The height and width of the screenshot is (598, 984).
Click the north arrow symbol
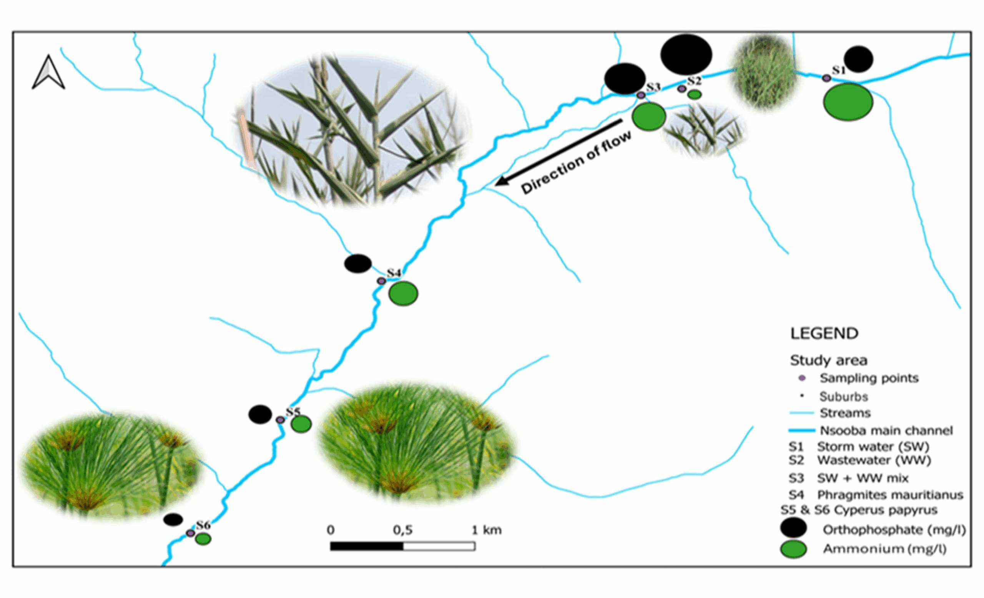48,73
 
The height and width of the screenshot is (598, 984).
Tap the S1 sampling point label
839,70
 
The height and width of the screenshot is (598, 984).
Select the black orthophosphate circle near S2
686,54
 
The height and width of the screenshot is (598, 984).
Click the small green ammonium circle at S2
695,95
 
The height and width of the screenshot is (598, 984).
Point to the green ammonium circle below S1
848,102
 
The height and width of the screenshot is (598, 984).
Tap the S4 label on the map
394,272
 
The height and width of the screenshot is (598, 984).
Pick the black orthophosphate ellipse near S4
358,264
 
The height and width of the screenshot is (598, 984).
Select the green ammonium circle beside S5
301,424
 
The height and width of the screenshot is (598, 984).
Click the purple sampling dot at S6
191,533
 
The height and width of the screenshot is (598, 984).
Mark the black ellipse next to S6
173,520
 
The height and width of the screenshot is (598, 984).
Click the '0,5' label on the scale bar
402,530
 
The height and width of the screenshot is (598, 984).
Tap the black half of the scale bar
367,546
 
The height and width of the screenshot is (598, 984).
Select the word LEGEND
824,333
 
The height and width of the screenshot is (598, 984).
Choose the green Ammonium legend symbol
793,549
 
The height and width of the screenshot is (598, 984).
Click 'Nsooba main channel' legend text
886,430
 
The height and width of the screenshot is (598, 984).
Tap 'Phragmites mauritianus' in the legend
890,495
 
